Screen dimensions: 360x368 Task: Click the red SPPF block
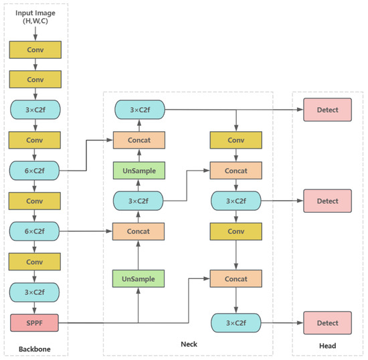[35, 323]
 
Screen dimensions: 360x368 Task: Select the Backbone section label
[34, 348]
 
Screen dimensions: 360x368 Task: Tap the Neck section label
[189, 344]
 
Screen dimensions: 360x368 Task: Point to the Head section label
[327, 346]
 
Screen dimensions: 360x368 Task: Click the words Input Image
[35, 12]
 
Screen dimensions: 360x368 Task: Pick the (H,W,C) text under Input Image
[35, 22]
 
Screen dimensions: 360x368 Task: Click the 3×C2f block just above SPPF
[35, 292]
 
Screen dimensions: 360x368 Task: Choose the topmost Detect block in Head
[328, 110]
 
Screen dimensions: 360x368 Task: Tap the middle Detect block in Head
[328, 201]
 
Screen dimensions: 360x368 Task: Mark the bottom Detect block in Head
[328, 323]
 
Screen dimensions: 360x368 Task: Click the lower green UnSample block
[139, 278]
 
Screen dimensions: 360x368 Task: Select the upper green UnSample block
[139, 171]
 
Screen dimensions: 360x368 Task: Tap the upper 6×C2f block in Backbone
[35, 171]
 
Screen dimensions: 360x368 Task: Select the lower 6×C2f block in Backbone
[35, 232]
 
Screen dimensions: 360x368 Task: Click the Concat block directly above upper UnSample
[139, 140]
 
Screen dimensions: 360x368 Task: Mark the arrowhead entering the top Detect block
[300, 110]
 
